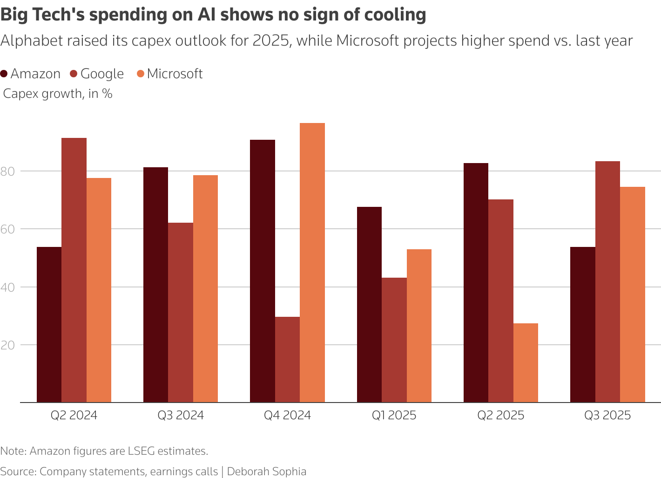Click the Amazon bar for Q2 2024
tap(49, 324)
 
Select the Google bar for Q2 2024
tap(74, 270)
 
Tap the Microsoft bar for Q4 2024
tap(312, 263)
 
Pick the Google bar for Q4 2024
tap(287, 360)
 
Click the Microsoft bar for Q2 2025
tap(526, 362)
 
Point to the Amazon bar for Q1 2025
tap(369, 305)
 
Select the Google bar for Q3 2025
tap(607, 282)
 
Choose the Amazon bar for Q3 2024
tap(155, 285)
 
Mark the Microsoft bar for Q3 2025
tap(633, 294)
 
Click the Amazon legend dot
tap(4, 74)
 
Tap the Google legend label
tap(102, 74)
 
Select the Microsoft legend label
tap(175, 74)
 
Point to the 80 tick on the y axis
tap(8, 171)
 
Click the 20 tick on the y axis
tap(8, 345)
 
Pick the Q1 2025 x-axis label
tap(394, 415)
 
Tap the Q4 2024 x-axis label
tap(287, 415)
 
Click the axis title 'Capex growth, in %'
tap(58, 94)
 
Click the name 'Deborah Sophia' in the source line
tap(266, 471)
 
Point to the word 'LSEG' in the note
tap(141, 451)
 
